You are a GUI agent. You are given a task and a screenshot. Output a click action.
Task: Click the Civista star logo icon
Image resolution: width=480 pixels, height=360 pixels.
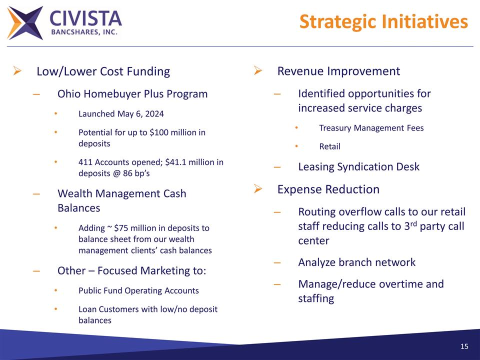[25, 23]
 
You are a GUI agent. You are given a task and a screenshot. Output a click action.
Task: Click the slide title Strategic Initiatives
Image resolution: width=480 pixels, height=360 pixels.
[383, 21]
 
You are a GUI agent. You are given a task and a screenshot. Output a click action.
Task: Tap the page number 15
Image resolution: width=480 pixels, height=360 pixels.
[464, 347]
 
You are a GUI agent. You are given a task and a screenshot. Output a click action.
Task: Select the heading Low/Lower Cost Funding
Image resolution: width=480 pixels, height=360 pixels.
[103, 71]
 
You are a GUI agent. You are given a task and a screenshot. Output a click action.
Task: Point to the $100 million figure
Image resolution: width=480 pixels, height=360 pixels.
[170, 132]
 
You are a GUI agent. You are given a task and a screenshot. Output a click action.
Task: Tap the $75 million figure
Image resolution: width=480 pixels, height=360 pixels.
[132, 228]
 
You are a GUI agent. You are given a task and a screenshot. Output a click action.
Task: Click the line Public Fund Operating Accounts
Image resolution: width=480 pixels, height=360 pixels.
[138, 290]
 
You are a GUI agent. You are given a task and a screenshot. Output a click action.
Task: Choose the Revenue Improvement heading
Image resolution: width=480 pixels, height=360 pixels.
[338, 71]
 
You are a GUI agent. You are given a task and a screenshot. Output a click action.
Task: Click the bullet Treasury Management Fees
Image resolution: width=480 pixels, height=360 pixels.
[371, 128]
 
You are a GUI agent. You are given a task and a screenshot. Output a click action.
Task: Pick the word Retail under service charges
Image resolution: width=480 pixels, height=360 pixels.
[329, 146]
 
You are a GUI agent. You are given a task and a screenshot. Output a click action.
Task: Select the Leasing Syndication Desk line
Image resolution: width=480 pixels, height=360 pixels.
[358, 167]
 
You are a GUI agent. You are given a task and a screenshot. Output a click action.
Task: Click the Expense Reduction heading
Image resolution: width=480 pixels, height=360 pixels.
[328, 189]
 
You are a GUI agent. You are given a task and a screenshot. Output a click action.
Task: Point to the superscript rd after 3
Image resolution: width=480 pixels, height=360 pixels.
[412, 222]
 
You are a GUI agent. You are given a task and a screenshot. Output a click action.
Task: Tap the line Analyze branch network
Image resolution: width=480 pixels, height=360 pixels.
[356, 262]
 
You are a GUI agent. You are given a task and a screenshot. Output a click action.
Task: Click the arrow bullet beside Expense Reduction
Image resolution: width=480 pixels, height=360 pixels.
[258, 189]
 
